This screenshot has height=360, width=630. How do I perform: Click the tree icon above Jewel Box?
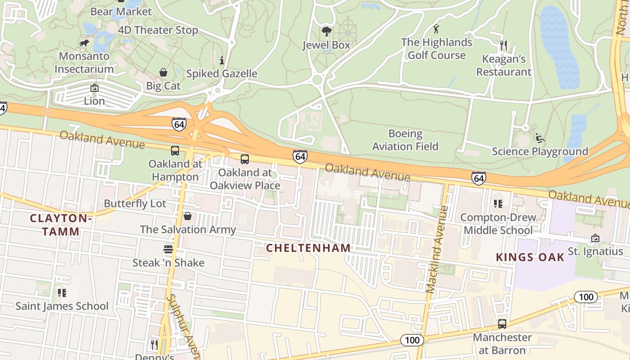pos(326,31)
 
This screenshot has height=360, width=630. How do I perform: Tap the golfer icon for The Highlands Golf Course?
pos(436,29)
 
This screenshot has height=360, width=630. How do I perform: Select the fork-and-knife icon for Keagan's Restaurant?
pos(504,45)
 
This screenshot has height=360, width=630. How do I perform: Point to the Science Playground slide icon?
pos(540,138)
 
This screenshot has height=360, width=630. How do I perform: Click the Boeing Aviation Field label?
pos(405,140)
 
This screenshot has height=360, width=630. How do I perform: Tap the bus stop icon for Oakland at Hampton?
pos(175,151)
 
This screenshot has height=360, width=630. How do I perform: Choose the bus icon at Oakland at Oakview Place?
pos(244,159)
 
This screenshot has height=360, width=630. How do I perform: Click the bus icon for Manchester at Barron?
pos(502,324)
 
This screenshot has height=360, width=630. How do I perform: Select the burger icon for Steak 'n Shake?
pos(168,249)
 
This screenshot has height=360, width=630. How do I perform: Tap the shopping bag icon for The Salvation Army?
pos(188,216)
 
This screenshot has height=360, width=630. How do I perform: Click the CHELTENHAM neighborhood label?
pos(308,248)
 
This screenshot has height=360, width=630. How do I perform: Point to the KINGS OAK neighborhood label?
pos(530,257)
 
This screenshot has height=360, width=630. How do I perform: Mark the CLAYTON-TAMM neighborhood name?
pos(61,225)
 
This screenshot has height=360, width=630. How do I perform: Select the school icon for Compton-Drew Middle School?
pos(498,204)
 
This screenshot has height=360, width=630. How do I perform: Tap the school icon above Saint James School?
pos(62,293)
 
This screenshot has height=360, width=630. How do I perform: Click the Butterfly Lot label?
pos(135,203)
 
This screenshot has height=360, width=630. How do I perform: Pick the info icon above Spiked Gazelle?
pos(221,60)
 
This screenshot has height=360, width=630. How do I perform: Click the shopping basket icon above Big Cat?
pos(163,72)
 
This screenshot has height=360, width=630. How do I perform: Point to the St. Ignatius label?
pos(595,251)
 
